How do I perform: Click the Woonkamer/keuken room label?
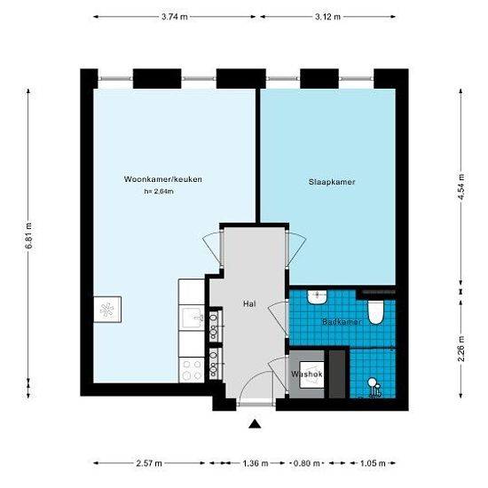click(x=163, y=179)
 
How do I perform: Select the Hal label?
click(x=249, y=304)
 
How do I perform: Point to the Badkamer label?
click(x=341, y=322)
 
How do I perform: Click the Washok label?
click(x=306, y=374)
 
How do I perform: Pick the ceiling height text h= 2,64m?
click(x=158, y=192)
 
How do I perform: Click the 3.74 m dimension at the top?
click(x=174, y=17)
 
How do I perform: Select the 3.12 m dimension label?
click(x=327, y=17)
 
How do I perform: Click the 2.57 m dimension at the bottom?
click(x=149, y=463)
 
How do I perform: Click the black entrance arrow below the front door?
click(x=256, y=425)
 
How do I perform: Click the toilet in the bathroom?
click(x=376, y=311)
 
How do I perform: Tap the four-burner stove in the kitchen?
click(x=193, y=370)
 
